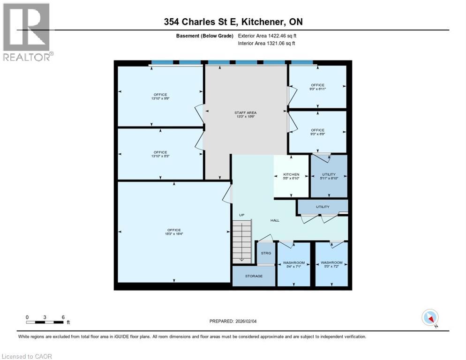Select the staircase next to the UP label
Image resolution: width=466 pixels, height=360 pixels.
(x=242, y=242)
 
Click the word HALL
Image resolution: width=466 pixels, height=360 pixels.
(x=275, y=220)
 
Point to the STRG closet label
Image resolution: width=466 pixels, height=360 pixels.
(x=266, y=253)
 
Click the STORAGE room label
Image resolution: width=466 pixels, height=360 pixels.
(x=254, y=276)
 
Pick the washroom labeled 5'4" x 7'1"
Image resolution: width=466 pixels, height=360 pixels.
(x=294, y=265)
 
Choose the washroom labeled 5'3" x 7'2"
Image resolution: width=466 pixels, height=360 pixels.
(x=331, y=265)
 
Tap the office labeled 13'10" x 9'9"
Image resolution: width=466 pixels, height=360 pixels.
(x=160, y=97)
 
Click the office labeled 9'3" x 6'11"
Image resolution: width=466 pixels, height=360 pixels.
(x=317, y=87)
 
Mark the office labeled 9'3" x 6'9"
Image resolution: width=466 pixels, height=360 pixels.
(x=317, y=132)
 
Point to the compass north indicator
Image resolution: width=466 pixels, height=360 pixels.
(x=429, y=318)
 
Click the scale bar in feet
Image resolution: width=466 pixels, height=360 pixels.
(x=45, y=322)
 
